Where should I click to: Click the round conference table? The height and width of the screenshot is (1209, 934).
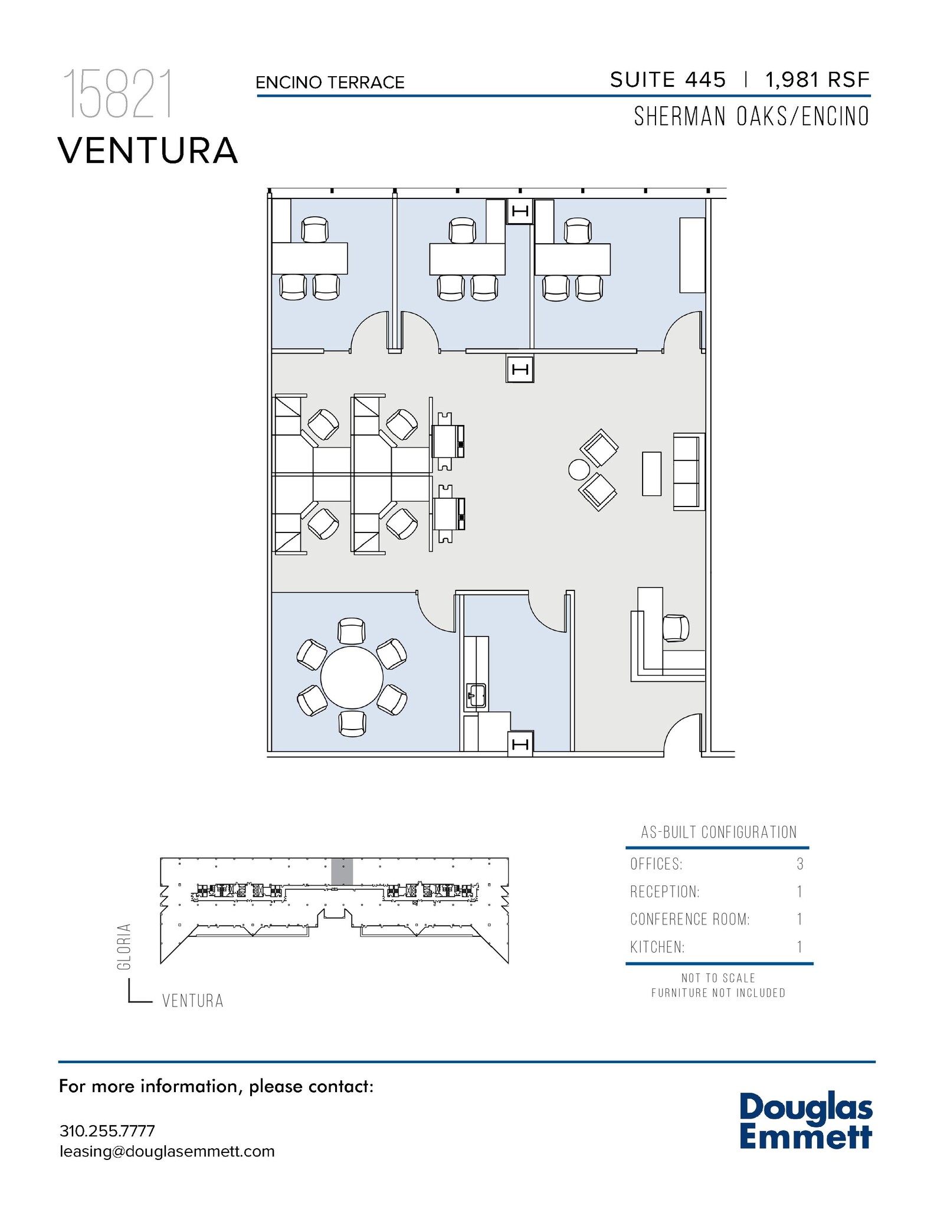point(352,677)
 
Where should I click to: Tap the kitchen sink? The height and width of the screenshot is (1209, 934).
point(476,695)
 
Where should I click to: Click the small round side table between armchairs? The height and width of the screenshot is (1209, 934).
point(579,470)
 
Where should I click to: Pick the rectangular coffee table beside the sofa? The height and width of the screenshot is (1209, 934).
point(651,473)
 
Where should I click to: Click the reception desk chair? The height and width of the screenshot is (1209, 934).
point(676,628)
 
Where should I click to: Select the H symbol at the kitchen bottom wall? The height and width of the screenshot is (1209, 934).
point(520,744)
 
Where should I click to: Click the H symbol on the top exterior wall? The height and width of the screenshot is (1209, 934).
point(520,211)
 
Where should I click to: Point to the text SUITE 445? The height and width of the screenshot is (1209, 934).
point(667,80)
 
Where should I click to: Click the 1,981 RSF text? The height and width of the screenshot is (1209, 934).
point(817,80)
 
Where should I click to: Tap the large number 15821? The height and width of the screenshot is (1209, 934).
point(118,94)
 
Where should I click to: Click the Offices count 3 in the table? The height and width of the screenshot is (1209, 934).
point(799,864)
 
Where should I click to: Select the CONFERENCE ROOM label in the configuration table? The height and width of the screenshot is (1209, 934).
point(689,919)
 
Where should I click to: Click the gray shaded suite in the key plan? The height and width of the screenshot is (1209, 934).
point(342,871)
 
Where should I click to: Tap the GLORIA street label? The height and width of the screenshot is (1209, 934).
point(123,946)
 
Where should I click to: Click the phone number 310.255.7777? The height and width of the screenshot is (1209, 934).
point(107,1130)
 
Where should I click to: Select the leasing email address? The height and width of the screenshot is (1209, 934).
point(167,1151)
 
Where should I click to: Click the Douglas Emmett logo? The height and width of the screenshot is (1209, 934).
point(805,1120)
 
